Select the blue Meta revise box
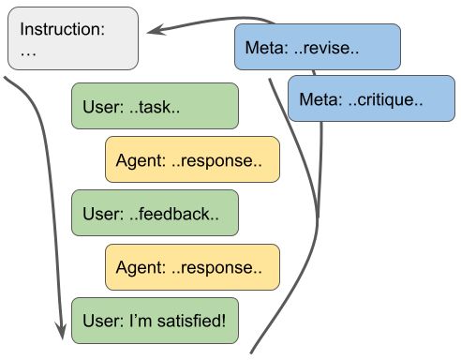[318, 46]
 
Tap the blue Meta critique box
[371, 97]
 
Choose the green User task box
[155, 106]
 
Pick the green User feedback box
[155, 213]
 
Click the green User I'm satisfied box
[155, 319]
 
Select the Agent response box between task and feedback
[192, 159]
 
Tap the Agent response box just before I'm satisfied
[192, 266]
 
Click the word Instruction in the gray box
[61, 29]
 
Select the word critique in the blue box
[394, 98]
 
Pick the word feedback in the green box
[178, 214]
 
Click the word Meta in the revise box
[265, 47]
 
